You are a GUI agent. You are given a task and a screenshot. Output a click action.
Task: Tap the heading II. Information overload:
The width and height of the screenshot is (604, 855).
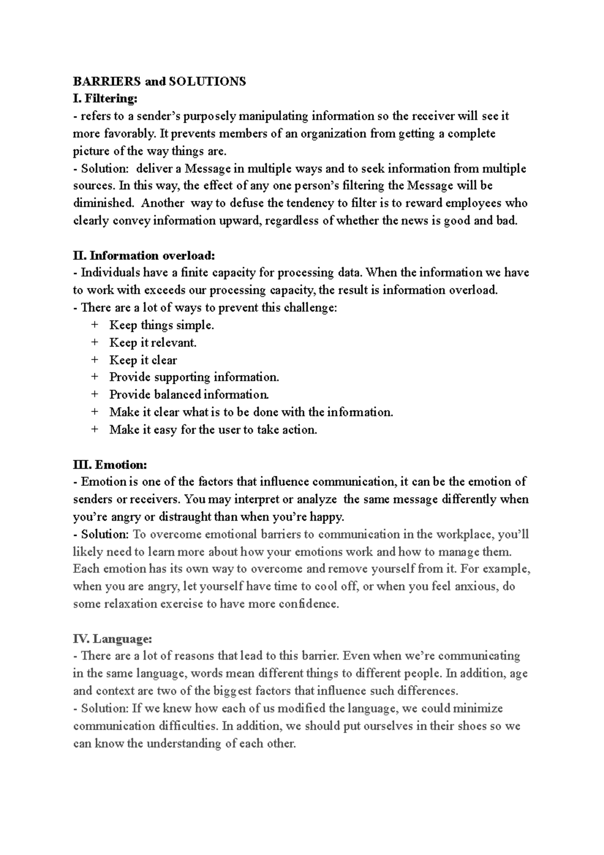click(144, 255)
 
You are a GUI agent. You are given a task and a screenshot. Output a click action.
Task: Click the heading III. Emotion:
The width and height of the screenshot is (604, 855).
click(110, 464)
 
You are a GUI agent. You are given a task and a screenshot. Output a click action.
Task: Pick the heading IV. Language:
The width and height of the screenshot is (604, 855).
click(112, 638)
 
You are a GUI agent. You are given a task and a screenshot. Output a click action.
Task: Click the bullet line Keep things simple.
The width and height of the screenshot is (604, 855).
click(162, 325)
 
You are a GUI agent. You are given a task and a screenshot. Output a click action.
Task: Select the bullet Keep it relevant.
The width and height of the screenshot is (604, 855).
click(153, 343)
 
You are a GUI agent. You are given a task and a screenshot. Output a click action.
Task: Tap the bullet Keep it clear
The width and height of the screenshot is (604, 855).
click(143, 360)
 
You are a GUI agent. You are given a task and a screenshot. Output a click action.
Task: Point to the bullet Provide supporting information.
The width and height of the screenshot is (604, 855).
click(194, 377)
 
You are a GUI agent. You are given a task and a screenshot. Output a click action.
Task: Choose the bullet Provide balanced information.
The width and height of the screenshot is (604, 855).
click(189, 395)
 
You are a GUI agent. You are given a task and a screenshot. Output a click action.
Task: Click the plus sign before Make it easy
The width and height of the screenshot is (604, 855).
click(95, 430)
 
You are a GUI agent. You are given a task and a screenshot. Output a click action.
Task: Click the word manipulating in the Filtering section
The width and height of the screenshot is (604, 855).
click(273, 116)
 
